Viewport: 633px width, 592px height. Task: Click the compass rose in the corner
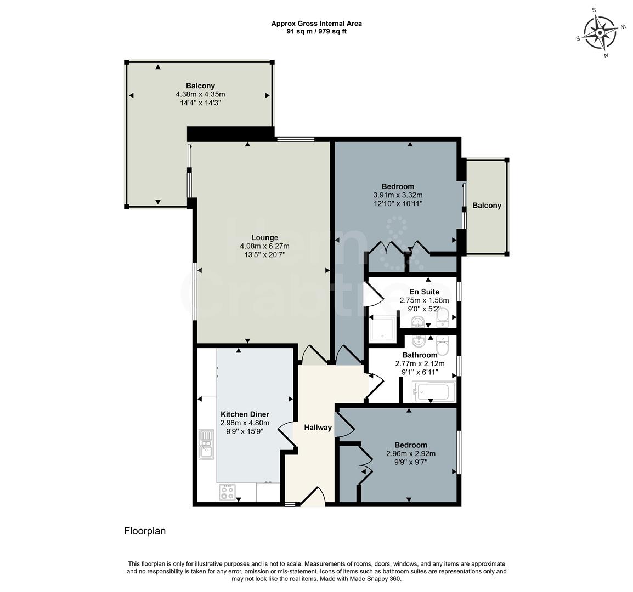pyautogui.click(x=600, y=32)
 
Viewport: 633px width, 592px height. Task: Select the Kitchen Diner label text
pyautogui.click(x=245, y=414)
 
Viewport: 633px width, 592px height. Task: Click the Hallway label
pyautogui.click(x=318, y=428)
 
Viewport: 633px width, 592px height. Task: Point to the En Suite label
pyautogui.click(x=424, y=292)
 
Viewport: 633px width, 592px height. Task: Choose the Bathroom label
pyautogui.click(x=420, y=355)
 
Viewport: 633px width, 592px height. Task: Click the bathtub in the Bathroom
pyautogui.click(x=433, y=392)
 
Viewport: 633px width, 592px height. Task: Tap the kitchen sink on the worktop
pyautogui.click(x=206, y=444)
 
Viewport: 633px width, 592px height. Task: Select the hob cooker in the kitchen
pyautogui.click(x=227, y=492)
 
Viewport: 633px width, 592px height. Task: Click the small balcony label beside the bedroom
pyautogui.click(x=487, y=206)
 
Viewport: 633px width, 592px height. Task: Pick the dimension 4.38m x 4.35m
pyautogui.click(x=200, y=94)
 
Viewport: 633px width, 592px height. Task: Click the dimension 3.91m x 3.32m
pyautogui.click(x=398, y=195)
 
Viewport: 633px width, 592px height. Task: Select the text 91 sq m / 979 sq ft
pyautogui.click(x=316, y=31)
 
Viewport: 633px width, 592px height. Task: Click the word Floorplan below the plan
pyautogui.click(x=145, y=531)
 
